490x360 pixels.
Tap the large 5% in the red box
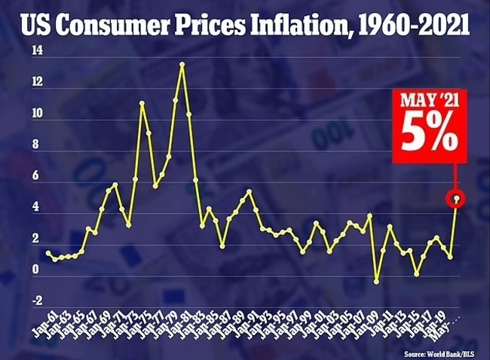coord(428,132)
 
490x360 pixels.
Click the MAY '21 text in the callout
coord(428,99)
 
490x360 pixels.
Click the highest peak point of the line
coord(182,64)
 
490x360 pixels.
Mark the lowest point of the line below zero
coord(376,281)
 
